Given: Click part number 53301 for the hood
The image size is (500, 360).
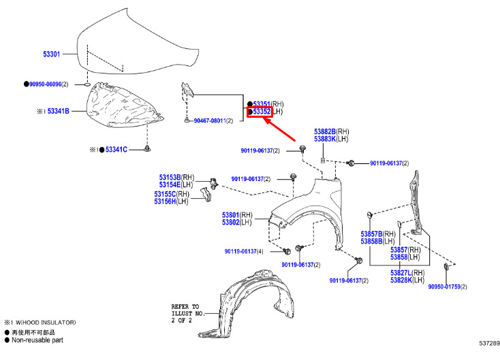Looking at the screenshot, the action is pos(52,54).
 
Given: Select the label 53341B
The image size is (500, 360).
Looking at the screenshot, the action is pos(59,111).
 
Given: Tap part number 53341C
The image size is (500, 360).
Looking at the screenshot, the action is pos(116,150).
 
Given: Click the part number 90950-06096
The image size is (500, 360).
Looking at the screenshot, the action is pos(45,84).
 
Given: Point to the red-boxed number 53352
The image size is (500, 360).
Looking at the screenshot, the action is pos(262,112).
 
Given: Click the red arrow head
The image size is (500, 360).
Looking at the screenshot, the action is pos(267,120).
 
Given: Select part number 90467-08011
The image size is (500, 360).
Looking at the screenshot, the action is pos(210,121).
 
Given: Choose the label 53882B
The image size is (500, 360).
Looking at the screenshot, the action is pos(325,131).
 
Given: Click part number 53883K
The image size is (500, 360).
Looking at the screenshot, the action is pos(325,139).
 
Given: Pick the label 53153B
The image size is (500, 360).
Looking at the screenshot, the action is pos(170,177).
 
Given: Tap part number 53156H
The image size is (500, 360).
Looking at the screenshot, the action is pos(165,201).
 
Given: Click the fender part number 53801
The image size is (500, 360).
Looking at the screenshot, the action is pos(230,215).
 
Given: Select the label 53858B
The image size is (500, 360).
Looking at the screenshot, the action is pos(371,242).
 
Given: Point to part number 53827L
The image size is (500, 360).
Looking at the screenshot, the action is pos(401,273).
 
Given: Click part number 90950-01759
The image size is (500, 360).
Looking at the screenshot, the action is pos(444,287).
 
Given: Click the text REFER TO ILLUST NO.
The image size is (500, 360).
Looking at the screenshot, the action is pos(188,310).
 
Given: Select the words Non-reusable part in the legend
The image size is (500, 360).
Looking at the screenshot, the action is pos(37,340).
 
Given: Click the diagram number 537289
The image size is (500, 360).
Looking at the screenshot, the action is pos(489,344).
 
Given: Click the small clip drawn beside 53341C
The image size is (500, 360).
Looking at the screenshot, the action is pos(147,148).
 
